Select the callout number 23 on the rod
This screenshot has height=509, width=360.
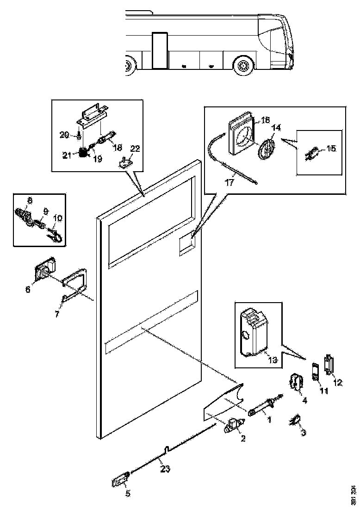pyautogui.click(x=165, y=469)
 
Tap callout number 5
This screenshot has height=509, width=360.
pyautogui.click(x=128, y=493)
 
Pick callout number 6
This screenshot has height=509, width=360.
pyautogui.click(x=28, y=289)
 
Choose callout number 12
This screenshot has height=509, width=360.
pyautogui.click(x=338, y=382)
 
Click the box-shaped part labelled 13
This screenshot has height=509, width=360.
pyautogui.click(x=254, y=329)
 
